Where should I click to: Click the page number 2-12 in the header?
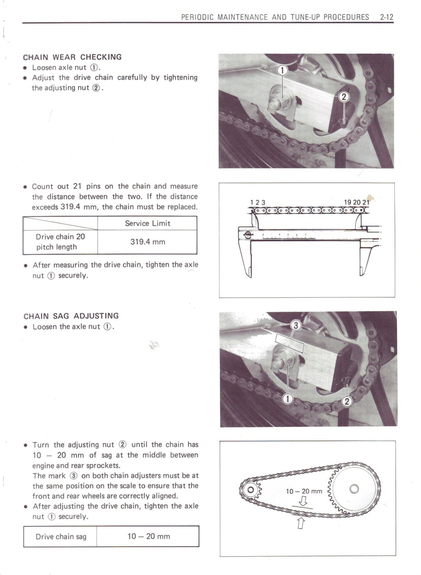(387, 17)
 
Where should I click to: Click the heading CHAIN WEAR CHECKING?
(72, 57)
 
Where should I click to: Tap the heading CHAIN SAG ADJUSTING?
(71, 316)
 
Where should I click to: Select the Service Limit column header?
(147, 223)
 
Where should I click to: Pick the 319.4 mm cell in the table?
(147, 242)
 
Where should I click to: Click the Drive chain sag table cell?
(61, 537)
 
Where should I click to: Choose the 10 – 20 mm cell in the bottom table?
(149, 537)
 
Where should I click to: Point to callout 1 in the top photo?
(282, 70)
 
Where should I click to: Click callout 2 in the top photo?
(344, 97)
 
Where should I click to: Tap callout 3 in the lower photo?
(296, 325)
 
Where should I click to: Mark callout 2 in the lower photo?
(347, 402)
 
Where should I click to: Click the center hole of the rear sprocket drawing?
(354, 489)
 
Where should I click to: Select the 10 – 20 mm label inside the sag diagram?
(304, 491)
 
